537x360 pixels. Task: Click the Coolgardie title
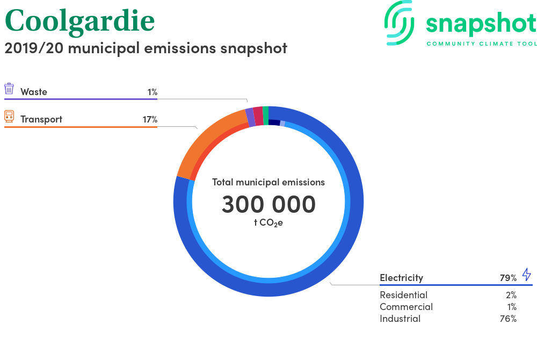click(80, 21)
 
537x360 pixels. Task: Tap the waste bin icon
click(9, 88)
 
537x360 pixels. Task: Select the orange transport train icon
click(9, 117)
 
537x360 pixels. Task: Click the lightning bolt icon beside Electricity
click(526, 275)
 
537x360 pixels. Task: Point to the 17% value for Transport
click(150, 119)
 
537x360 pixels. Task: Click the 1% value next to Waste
click(153, 92)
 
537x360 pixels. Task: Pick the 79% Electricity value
click(508, 278)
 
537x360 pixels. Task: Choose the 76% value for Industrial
click(508, 319)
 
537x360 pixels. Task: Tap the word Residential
click(404, 295)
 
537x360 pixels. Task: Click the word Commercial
click(406, 307)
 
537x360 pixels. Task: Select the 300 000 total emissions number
click(268, 204)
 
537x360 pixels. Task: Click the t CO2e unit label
click(268, 223)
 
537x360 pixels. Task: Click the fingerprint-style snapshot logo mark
click(399, 23)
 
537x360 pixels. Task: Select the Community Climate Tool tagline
click(482, 44)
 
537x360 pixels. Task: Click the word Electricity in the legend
click(401, 278)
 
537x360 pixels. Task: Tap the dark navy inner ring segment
click(274, 123)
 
